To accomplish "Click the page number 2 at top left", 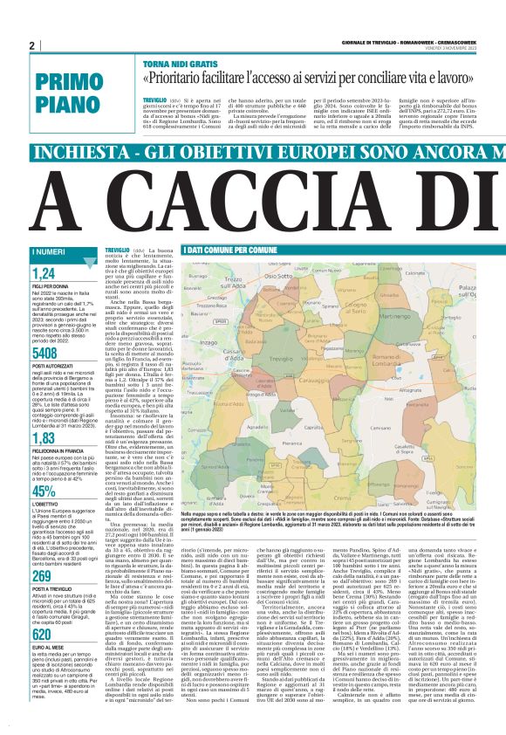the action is coord(31,45).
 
